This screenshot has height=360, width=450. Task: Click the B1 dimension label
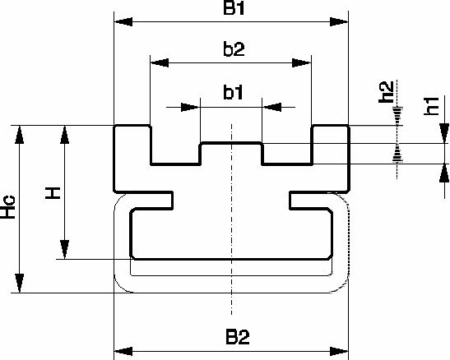[x=234, y=8]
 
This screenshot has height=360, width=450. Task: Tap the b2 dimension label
[x=234, y=49]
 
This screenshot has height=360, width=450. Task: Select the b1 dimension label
[x=233, y=92]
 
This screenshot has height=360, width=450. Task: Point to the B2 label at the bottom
[x=238, y=337]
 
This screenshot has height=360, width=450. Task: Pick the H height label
[x=53, y=193]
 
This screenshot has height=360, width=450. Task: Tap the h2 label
[x=386, y=92]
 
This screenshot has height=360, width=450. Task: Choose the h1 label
[x=431, y=106]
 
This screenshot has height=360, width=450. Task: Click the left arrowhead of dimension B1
[x=123, y=22]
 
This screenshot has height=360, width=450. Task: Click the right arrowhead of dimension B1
[x=339, y=22]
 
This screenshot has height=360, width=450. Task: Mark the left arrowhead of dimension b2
[x=160, y=62]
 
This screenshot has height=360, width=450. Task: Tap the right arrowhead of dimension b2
[x=302, y=62]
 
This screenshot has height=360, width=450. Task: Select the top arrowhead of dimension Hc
[x=20, y=135]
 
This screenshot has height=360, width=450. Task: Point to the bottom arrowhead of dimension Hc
[x=20, y=284]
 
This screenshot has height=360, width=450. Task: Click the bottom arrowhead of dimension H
[x=64, y=250]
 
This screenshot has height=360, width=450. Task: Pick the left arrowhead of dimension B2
[x=123, y=351]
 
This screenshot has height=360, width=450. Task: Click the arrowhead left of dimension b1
[x=190, y=108]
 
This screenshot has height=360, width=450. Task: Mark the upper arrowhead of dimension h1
[x=444, y=133]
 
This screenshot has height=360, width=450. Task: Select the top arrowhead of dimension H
[x=64, y=135]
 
